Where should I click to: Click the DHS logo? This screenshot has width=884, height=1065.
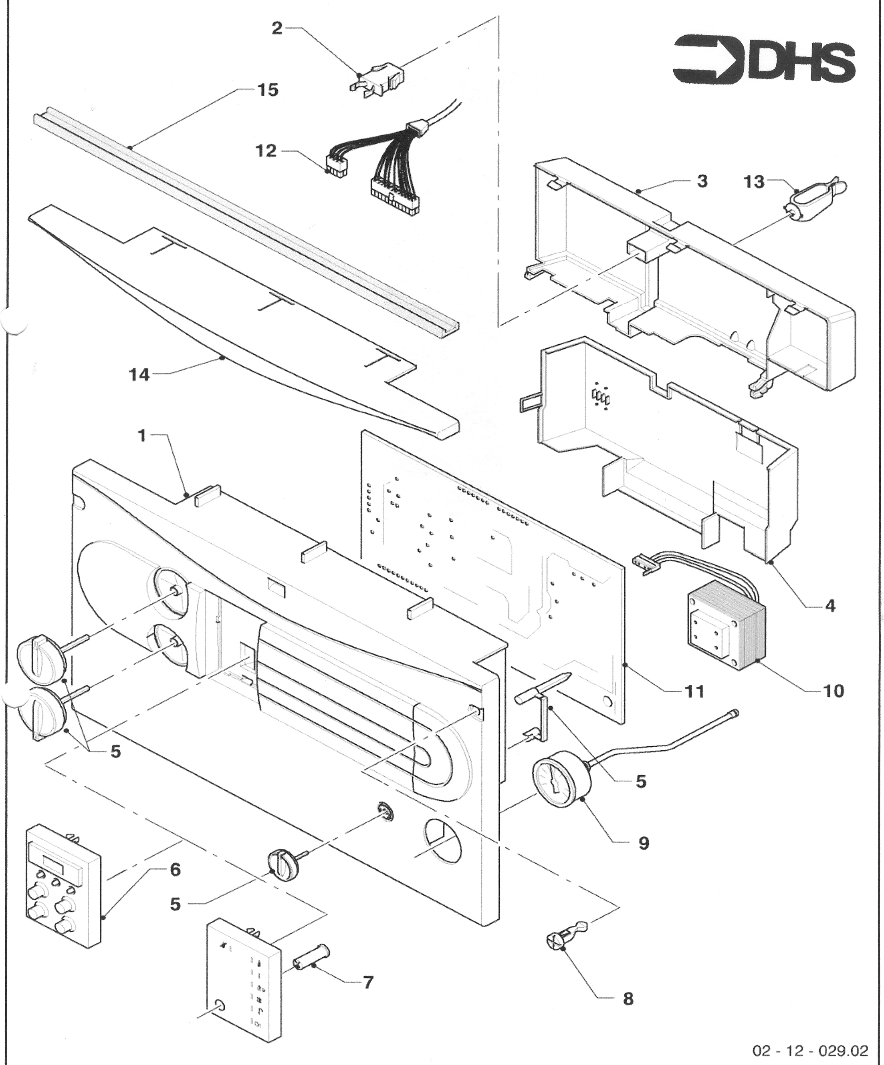[x=764, y=59]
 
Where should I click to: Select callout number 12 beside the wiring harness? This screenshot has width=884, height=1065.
[x=266, y=151]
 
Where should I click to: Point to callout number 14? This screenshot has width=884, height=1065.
[x=139, y=375]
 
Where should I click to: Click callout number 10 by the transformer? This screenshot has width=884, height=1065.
[x=833, y=690]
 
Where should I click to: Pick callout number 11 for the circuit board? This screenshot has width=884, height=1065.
[x=694, y=691]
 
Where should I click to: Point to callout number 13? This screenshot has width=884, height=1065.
[x=754, y=181]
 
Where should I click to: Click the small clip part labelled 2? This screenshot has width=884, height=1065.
[x=375, y=78]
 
